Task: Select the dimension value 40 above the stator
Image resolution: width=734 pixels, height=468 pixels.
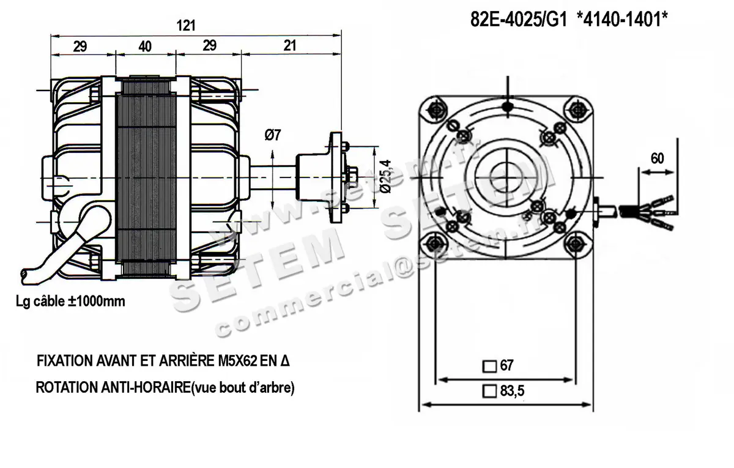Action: point(144,46)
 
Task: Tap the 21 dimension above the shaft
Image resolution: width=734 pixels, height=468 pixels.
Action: point(290,46)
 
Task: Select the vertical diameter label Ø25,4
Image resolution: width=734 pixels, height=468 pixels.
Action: point(384,176)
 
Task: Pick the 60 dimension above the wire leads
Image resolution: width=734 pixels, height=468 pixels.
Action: point(657,158)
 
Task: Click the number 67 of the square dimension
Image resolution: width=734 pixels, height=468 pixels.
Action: point(506,366)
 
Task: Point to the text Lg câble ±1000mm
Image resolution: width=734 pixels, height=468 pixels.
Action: point(71,301)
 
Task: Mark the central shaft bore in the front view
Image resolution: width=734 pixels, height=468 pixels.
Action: point(505,177)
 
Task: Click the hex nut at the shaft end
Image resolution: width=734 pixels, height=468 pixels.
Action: point(350,177)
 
